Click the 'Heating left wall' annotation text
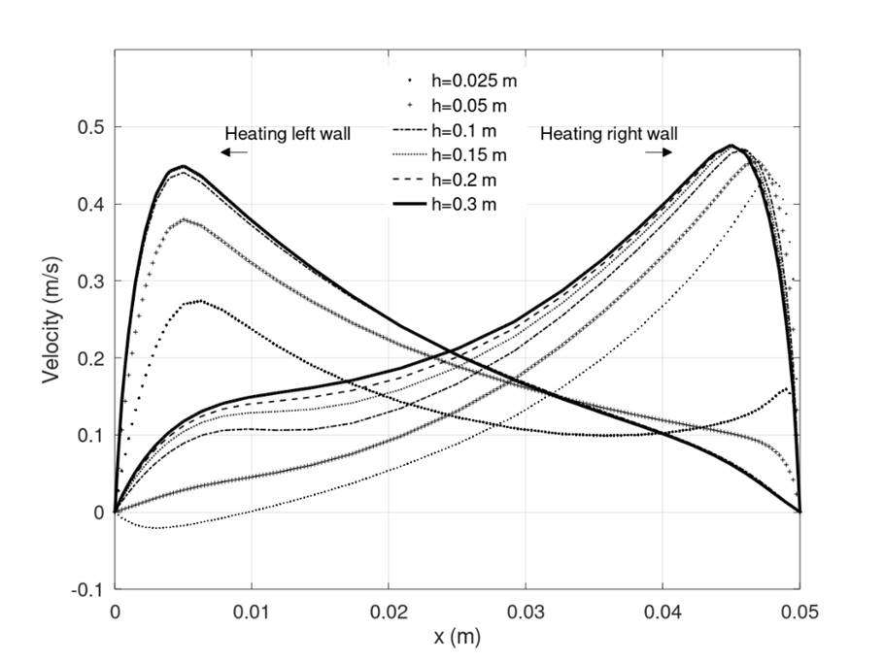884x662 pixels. click(288, 134)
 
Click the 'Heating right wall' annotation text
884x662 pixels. click(609, 134)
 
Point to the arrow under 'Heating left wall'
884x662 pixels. click(233, 153)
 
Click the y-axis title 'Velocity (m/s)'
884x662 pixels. click(52, 319)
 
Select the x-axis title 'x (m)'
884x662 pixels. click(457, 638)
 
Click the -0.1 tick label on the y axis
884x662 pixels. click(90, 589)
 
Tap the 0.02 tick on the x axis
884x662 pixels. click(389, 612)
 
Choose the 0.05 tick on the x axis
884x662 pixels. click(799, 612)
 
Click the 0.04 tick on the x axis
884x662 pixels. click(663, 612)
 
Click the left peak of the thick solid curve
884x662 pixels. click(183, 166)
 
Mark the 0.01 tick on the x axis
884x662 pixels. click(252, 612)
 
